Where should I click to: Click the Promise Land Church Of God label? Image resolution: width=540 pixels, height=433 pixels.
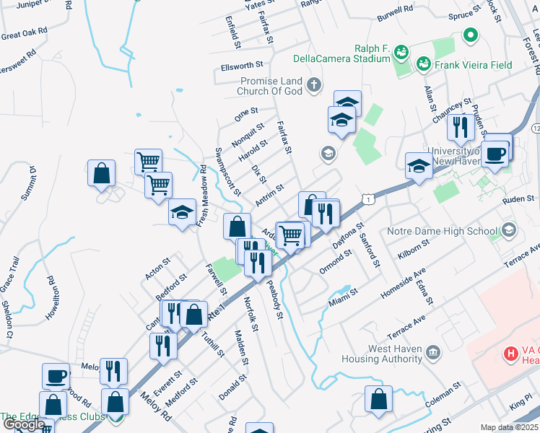[x=271, y=86]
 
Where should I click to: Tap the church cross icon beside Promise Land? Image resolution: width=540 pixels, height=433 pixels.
[x=313, y=86]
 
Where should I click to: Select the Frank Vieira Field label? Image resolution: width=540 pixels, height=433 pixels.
[x=474, y=65]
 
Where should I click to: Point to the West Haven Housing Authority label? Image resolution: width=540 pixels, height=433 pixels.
[x=395, y=354]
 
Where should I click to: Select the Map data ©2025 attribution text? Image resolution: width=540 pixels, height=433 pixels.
[x=510, y=427]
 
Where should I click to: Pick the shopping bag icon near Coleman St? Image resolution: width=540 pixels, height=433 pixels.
[x=378, y=400]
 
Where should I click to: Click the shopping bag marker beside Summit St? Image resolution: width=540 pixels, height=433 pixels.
[x=102, y=173]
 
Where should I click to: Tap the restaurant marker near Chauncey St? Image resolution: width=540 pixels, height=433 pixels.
[x=460, y=127]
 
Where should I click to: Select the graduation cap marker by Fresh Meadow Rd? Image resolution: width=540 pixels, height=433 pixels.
[x=183, y=212]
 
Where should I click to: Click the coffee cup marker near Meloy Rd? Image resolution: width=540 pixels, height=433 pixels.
[x=56, y=376]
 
